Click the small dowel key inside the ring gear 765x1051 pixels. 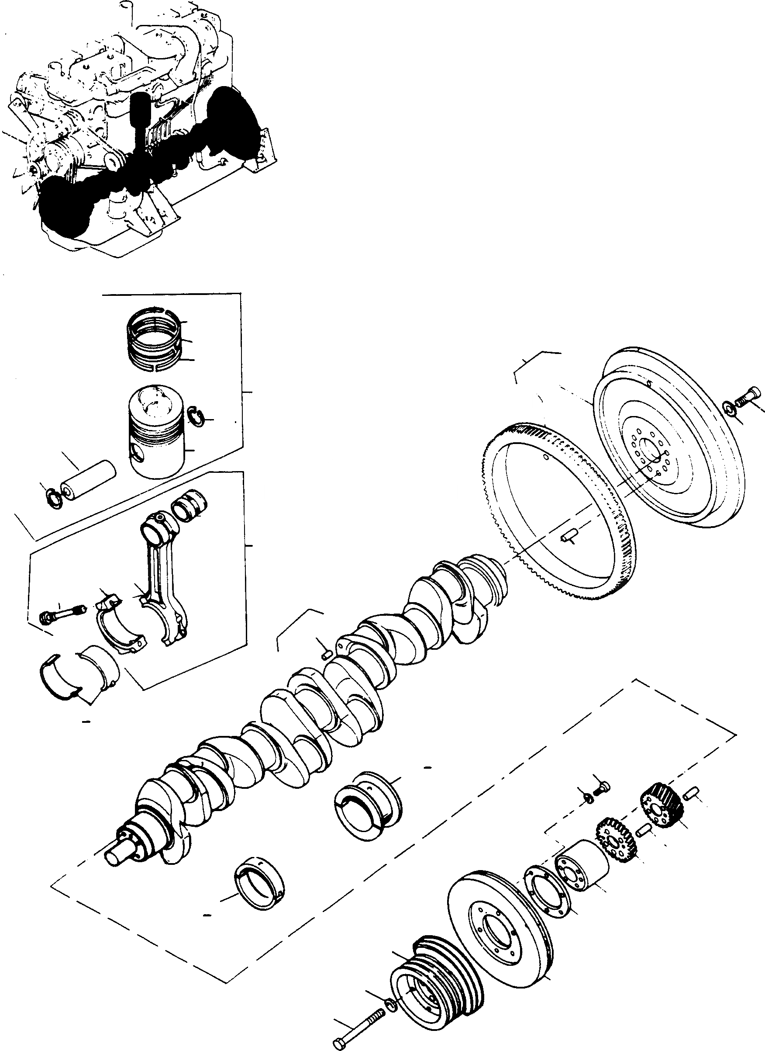[x=568, y=536]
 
